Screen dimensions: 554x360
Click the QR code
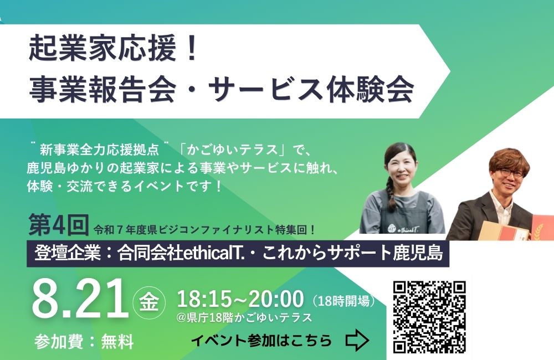pos(429,317)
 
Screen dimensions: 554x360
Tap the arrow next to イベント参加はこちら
pos(357,340)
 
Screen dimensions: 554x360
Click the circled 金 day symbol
pos(148,303)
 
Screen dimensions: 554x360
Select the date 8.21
pos(80,299)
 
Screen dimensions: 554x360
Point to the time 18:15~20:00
pos(240,299)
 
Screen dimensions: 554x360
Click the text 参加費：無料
pos(84,342)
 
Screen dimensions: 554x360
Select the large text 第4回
pos(58,224)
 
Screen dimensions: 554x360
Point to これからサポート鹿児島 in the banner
pos(352,253)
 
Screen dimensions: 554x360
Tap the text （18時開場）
pos(343,301)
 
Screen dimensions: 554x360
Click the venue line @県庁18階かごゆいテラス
pos(244,317)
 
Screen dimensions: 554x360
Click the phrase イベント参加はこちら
pos(262,341)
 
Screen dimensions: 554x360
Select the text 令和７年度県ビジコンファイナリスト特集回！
pos(204,230)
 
